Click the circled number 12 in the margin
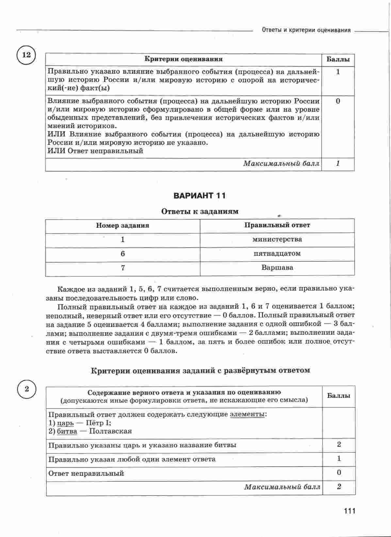coord(26,55)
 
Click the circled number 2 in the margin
coord(27,389)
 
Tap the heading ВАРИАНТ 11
coord(200,196)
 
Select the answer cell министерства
coord(277,239)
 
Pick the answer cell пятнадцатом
coord(277,254)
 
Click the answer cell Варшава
coord(277,268)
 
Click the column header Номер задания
coord(122,225)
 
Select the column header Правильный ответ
coord(277,225)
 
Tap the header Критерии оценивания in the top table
coord(184,59)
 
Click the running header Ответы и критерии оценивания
coord(306,30)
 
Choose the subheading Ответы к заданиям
coord(200,211)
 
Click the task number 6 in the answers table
coord(122,254)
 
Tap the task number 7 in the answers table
coord(122,268)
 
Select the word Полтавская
coord(110,431)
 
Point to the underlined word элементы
coord(247,414)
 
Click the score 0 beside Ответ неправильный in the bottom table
coord(338,473)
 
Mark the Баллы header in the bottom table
coord(338,396)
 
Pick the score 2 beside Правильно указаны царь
coord(338,444)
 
